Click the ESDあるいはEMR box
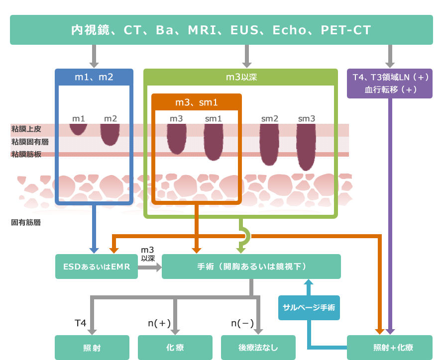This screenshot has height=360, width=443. [x=97, y=267]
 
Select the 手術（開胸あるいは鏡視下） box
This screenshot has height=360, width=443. [x=251, y=267]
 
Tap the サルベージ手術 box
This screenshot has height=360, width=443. [x=309, y=307]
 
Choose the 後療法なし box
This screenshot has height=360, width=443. [x=258, y=348]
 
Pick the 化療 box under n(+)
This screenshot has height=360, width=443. [x=175, y=348]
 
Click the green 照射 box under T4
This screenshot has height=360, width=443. [x=92, y=348]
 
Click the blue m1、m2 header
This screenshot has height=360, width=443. [x=94, y=77]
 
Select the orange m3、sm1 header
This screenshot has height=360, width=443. [x=197, y=102]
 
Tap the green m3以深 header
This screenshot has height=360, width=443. [x=240, y=77]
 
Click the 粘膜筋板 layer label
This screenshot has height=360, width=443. [x=26, y=154]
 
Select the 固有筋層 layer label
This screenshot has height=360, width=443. [x=26, y=222]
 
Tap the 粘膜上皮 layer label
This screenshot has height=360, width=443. [x=26, y=129]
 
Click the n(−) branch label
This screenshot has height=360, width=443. [x=242, y=323]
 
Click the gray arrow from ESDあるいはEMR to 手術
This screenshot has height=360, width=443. [x=150, y=267]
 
